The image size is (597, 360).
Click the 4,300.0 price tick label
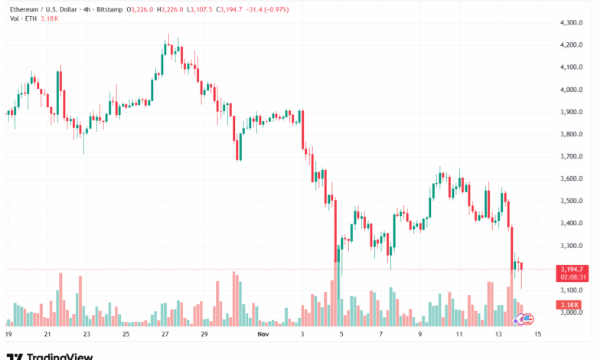(x=573, y=23)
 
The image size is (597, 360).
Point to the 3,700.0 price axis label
(x=573, y=156)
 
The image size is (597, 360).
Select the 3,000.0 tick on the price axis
(x=573, y=313)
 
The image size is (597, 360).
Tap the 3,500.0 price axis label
(x=573, y=201)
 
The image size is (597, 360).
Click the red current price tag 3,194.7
(x=573, y=270)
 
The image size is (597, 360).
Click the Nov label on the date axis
(x=263, y=335)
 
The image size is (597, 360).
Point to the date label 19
(x=8, y=335)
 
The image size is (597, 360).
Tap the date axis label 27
(x=165, y=335)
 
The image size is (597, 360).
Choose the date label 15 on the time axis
(x=538, y=335)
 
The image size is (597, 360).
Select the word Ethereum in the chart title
(x=22, y=8)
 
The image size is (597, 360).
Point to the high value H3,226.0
(x=167, y=8)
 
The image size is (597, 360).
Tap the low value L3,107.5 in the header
(x=199, y=8)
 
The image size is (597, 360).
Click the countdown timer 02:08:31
(x=573, y=277)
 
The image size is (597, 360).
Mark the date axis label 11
(x=459, y=335)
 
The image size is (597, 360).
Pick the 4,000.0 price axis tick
(x=573, y=90)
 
